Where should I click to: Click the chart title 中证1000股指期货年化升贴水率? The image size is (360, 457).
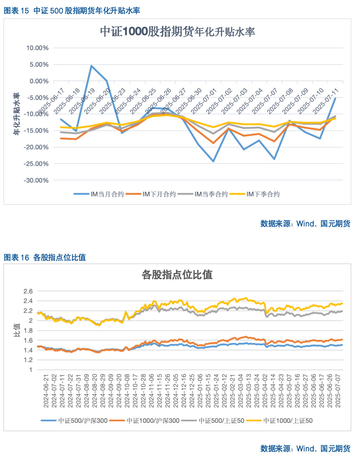[177, 32]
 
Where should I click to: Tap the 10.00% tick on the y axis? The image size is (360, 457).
[37, 48]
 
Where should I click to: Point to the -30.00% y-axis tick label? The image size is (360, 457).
[36, 181]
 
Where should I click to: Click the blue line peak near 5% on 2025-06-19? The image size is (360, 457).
[91, 66]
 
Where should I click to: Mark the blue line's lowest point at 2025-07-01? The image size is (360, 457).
[213, 161]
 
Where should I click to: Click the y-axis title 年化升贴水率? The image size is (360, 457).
[16, 114]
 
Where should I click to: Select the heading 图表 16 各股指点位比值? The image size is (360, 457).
[45, 257]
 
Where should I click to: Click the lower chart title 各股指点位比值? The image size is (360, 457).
[177, 275]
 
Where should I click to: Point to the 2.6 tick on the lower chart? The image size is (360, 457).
[28, 291]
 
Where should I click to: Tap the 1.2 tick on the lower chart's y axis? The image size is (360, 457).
[28, 360]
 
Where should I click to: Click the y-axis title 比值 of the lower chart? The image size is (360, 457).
[17, 330]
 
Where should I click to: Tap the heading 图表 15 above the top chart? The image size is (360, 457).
[16, 11]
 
